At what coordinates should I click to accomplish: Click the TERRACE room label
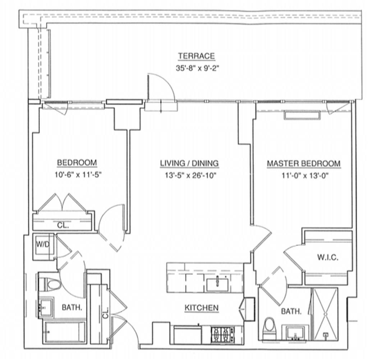[197, 56]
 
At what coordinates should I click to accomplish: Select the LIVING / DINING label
[189, 164]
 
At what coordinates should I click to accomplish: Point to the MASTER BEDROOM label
[303, 164]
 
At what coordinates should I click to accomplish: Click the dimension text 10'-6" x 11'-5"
[77, 176]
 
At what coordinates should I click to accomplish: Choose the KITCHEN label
[201, 308]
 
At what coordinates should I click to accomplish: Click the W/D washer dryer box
[43, 246]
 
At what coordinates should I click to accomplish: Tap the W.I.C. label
[327, 257]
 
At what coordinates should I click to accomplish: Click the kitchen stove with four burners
[222, 335]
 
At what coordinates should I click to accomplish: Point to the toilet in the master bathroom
[269, 328]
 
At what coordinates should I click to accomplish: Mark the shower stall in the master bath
[325, 313]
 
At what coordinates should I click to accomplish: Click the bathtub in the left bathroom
[65, 332]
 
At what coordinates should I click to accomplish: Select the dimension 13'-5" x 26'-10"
[189, 176]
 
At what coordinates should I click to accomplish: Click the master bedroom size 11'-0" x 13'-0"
[303, 176]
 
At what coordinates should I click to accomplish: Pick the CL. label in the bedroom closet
[63, 226]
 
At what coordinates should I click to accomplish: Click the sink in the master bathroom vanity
[295, 334]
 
